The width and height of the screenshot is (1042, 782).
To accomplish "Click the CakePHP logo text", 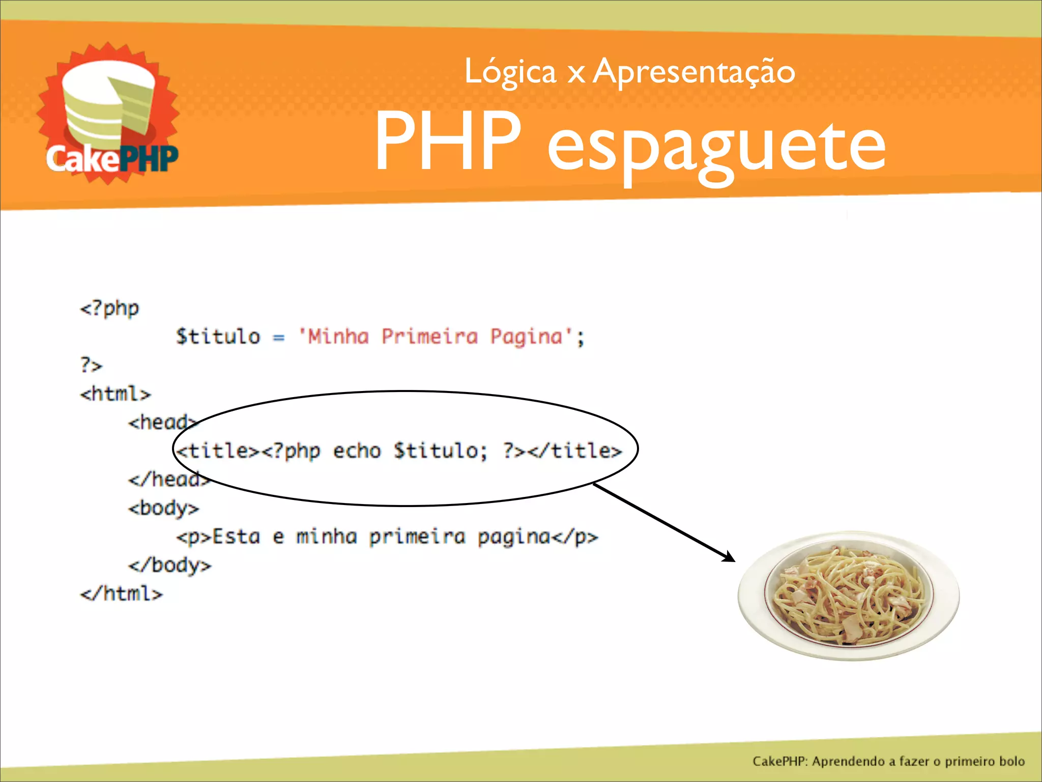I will coord(112,158).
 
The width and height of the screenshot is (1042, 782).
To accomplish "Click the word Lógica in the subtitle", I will coord(510,72).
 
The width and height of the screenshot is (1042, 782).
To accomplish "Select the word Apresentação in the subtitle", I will coord(694,72).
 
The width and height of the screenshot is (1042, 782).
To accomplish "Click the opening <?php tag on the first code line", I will coord(109,308).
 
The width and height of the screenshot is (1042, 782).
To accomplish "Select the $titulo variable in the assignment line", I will coord(218,337).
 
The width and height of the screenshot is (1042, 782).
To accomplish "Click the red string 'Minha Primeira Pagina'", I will coord(435,337).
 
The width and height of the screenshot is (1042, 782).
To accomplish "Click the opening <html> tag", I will coord(115,394).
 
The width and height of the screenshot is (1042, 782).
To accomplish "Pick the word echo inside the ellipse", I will coord(357,451).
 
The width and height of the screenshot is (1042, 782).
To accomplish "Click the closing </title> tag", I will coord(575,451).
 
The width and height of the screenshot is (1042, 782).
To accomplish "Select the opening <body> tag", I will coord(163,508).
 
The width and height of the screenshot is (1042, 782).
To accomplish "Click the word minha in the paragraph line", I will coord(326,537).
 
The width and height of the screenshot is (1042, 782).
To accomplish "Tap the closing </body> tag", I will coord(169,565).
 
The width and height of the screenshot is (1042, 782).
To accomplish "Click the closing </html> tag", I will coord(121,594).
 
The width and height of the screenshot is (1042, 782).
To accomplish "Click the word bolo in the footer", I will coord(1011,761).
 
